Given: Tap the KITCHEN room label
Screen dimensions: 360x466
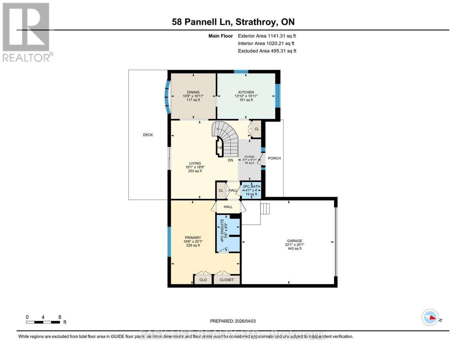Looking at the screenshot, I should coord(244,92).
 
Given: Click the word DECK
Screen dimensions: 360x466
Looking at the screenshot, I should coord(148,135).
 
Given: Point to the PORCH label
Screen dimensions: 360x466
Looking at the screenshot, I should coord(274,158).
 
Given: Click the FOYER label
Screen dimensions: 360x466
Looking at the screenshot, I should coord(249,157).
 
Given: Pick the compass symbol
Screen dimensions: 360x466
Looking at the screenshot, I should coord(430,317).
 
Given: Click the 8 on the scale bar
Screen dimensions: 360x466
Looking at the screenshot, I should coord(60,317).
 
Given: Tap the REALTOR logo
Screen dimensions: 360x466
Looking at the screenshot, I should coord(27,32).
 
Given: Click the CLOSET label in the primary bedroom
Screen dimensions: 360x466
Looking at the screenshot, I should coord(227,280).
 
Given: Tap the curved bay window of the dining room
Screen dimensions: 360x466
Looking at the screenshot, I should coord(167,95).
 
